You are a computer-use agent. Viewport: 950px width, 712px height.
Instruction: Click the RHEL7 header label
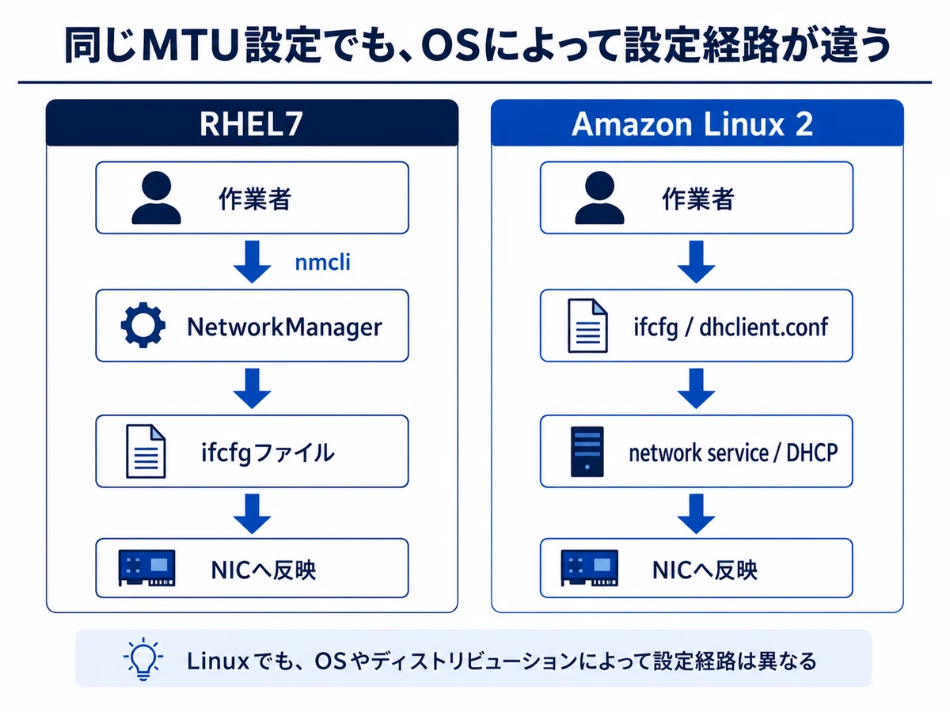(251, 124)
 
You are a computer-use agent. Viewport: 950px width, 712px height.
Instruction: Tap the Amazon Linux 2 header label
(692, 124)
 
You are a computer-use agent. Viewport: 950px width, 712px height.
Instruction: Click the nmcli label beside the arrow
(322, 263)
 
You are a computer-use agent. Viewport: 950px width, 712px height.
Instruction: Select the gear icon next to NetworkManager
(142, 324)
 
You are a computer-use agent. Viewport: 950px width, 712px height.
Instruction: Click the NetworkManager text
(284, 327)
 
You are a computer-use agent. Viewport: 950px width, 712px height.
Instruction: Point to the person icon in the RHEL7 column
(156, 198)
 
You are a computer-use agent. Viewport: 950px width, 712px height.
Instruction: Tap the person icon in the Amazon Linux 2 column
(599, 198)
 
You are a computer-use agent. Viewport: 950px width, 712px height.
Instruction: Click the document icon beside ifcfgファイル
(146, 451)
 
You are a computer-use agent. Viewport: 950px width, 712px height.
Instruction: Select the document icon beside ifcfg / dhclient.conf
(587, 325)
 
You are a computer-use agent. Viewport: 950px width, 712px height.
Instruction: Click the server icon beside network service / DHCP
(587, 452)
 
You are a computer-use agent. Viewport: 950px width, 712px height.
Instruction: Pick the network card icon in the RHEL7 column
(146, 567)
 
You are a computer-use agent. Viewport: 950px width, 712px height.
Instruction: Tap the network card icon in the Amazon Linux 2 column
(590, 567)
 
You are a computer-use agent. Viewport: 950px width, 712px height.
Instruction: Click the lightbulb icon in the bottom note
(143, 659)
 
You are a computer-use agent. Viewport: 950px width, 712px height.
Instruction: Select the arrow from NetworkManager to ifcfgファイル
(253, 388)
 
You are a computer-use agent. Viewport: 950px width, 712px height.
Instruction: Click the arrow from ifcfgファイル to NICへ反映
(253, 513)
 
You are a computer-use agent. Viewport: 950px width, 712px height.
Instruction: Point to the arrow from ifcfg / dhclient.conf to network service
(696, 388)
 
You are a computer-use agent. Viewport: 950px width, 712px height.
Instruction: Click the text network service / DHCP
(733, 453)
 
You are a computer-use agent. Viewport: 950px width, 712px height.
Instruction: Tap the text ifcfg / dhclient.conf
(731, 328)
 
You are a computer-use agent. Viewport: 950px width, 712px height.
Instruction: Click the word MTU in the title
(191, 44)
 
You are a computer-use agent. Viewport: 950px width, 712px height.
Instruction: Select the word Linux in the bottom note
(218, 661)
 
